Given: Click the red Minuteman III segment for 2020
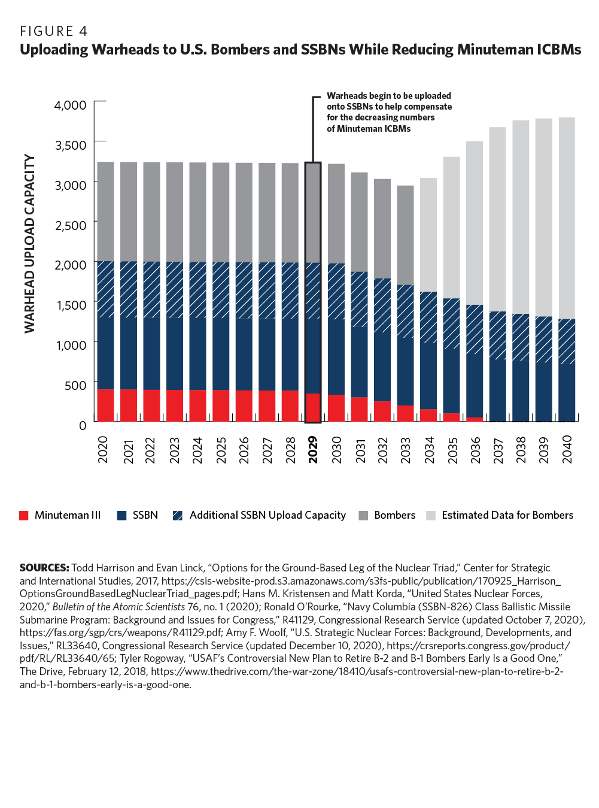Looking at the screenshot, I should (105, 405).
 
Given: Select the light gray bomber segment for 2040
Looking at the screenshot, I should (566, 218).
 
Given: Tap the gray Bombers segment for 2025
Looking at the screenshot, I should (221, 212).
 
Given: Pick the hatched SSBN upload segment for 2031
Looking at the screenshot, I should (359, 299).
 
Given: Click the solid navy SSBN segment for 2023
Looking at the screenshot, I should (175, 353).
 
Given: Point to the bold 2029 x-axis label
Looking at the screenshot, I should (313, 450).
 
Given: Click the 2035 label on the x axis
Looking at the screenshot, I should (452, 450).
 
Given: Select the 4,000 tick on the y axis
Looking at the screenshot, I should (71, 105).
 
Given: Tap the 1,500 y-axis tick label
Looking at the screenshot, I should (71, 305).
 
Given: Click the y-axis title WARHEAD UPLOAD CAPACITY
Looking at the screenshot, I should (29, 244).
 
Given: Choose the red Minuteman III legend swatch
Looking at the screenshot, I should (24, 516).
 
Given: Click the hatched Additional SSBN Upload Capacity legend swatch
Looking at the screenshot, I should (177, 516).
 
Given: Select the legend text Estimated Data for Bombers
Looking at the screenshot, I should (507, 515).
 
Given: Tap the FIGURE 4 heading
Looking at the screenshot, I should (54, 31).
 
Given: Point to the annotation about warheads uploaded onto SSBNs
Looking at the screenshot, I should (388, 112).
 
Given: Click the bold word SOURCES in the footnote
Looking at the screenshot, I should (44, 567).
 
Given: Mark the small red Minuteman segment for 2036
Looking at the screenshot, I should (475, 419).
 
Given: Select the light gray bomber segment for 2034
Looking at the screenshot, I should (428, 235).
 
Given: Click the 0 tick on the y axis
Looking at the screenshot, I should (83, 425).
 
